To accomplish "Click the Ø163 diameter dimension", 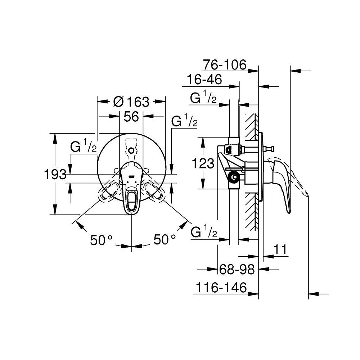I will click(131, 102).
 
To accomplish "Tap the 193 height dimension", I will click(55, 175).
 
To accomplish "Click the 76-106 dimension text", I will click(224, 65).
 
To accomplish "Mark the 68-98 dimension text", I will click(237, 269).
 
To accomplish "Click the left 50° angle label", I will click(102, 240).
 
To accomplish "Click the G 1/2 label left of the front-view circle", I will click(83, 147).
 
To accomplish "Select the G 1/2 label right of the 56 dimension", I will click(184, 121).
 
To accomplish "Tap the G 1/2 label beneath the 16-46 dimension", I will click(203, 98).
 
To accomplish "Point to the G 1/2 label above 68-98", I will click(203, 232).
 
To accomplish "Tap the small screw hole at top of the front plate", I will click(132, 150).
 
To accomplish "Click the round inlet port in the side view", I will click(235, 177).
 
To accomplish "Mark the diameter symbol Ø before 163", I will click(118, 102).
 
